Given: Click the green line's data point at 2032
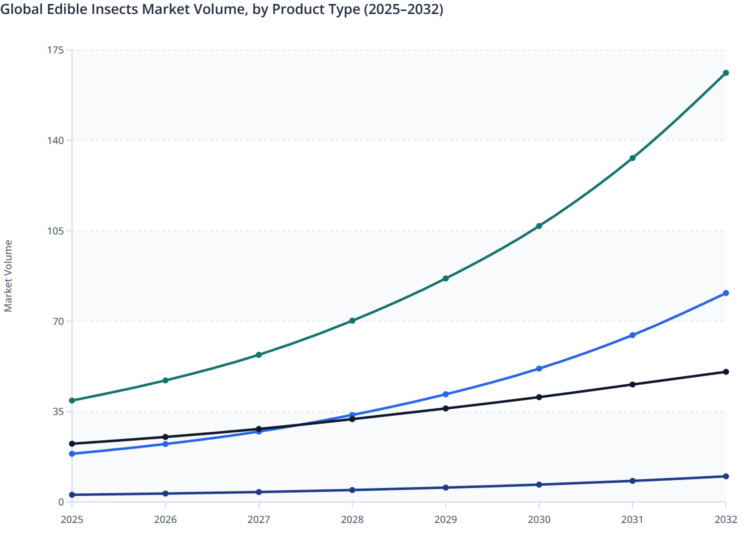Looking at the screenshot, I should pos(725,73).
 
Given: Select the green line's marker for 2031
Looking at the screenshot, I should pos(632,158).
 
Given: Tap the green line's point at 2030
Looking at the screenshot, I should pos(539,226).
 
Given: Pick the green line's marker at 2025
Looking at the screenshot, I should pos(72,400).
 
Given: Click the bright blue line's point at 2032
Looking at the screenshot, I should pos(725,293).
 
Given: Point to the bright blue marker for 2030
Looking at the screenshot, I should pos(539,368).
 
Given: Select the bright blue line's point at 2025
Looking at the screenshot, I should pos(72,453).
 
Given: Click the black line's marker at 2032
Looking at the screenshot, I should pos(725,372).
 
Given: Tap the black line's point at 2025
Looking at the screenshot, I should pos(72,443).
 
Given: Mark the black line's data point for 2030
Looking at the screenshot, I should pos(539,397).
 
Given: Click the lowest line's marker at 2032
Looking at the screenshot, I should pos(725,476).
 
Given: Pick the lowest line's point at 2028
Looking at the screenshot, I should pos(352,490).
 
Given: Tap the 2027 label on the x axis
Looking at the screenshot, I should pos(258,519).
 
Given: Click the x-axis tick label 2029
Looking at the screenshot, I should pos(445,519).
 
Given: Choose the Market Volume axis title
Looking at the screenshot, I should pos(8,276).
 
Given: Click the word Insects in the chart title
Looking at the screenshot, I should pos(114,9).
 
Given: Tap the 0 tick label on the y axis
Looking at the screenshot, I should pos(61,502).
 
